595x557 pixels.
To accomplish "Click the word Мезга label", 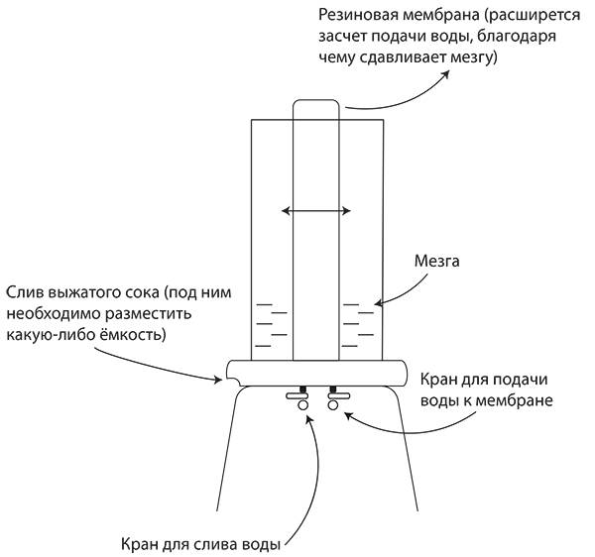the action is pos(436,261).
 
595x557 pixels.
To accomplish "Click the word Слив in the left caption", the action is pos(25,293).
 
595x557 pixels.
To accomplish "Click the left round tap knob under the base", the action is pos(302,405).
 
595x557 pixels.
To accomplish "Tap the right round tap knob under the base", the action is pos(333,405).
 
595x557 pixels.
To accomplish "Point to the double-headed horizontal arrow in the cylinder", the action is pos(315,211).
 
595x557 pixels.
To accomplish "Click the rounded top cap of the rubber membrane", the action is pos(315,103).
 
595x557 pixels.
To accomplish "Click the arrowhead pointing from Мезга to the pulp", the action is pos(378,303).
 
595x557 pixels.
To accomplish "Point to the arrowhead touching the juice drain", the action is pos(218,379).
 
